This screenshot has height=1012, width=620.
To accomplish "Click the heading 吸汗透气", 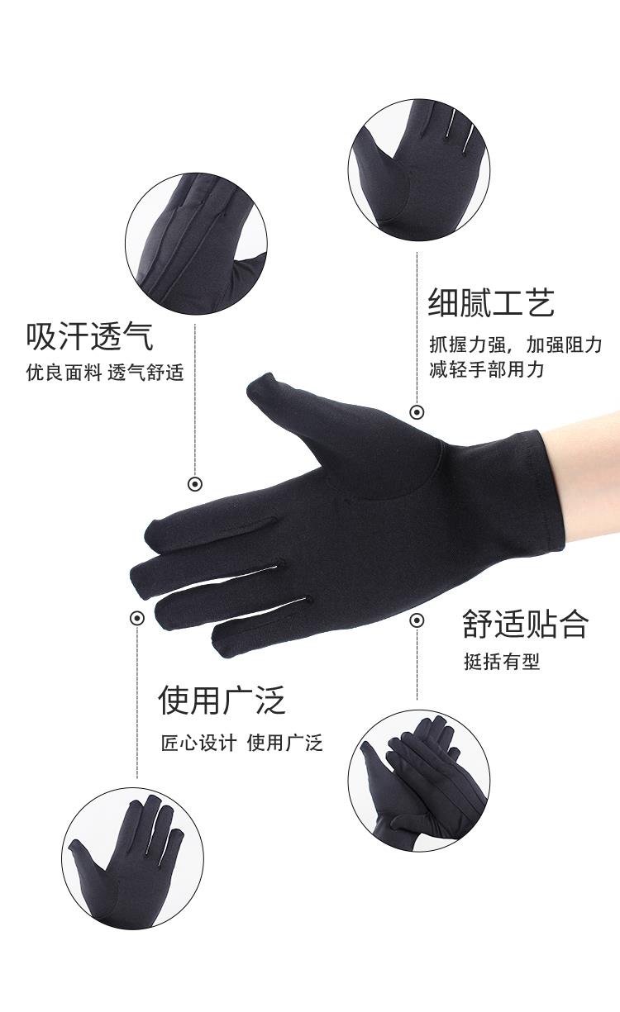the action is (x=89, y=336).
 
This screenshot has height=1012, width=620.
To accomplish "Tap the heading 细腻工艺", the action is (x=491, y=302).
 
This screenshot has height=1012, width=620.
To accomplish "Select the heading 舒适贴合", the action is (x=526, y=624).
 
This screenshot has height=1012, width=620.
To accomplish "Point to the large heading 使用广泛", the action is (x=222, y=700).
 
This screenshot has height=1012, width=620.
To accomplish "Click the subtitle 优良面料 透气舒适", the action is (x=105, y=373).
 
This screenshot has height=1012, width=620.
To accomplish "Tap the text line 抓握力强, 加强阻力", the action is (x=516, y=344).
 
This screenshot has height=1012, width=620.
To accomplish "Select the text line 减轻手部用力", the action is (x=486, y=369).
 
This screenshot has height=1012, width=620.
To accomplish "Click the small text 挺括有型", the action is (x=502, y=662).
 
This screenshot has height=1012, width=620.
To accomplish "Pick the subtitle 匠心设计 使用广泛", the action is (x=242, y=744).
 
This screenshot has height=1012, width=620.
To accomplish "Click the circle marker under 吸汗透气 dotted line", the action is (x=195, y=484).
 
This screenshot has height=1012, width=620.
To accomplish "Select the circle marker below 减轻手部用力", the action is (x=417, y=412).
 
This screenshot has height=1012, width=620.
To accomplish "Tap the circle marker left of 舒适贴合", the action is (x=417, y=620).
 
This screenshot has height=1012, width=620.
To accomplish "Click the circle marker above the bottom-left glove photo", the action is (x=137, y=618).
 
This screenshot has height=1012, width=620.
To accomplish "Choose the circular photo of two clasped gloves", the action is (x=419, y=781).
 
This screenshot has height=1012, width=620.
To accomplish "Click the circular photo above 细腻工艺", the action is (x=419, y=169).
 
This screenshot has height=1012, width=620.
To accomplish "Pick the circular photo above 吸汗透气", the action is (x=196, y=244).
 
